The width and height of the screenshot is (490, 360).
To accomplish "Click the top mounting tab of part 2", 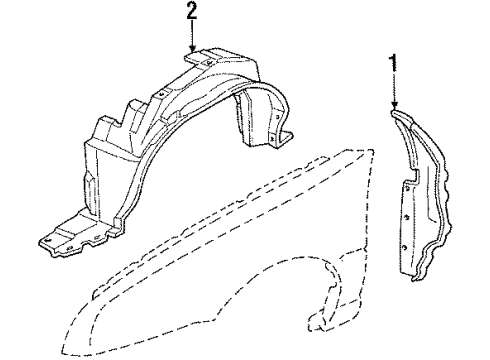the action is (x=199, y=60).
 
